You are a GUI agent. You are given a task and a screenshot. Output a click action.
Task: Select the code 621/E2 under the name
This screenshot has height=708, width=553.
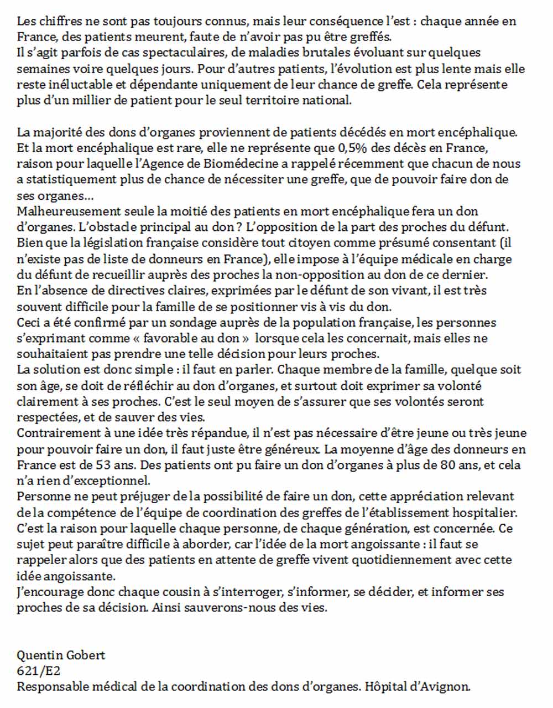(x=39, y=671)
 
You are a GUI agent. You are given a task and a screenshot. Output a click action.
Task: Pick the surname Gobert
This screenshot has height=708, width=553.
(x=86, y=655)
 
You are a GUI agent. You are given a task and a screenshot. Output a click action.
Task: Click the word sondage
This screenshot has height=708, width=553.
(x=179, y=322)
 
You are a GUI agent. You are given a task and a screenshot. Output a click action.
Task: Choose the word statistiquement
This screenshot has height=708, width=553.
(x=69, y=180)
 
